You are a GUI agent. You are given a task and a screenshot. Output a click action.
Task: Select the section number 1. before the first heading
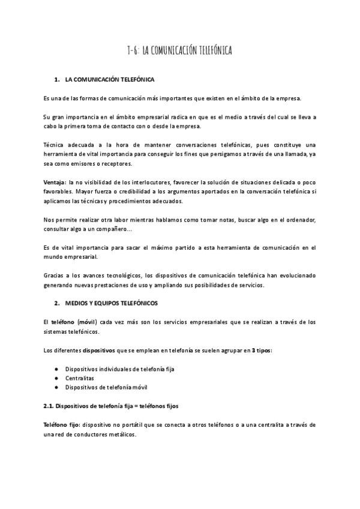57,79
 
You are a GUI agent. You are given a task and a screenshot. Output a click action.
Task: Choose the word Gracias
55,277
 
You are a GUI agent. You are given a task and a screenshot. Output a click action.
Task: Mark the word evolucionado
294,277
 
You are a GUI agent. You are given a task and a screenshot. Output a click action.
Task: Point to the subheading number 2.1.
50,406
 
